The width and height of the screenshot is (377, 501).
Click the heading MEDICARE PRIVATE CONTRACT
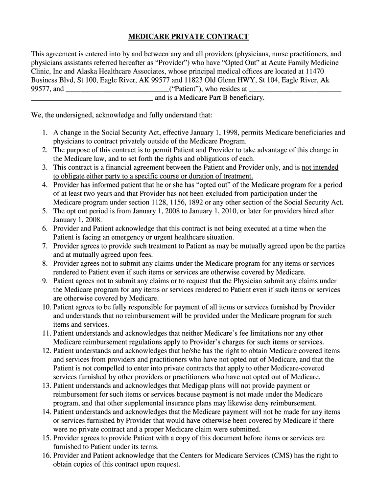(x=188, y=37)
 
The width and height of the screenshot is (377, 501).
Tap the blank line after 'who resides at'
(x=295, y=90)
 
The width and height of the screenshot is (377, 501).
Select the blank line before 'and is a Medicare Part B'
(x=92, y=98)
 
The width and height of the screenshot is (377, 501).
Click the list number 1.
(x=44, y=133)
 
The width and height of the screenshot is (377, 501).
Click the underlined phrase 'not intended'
(x=320, y=167)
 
